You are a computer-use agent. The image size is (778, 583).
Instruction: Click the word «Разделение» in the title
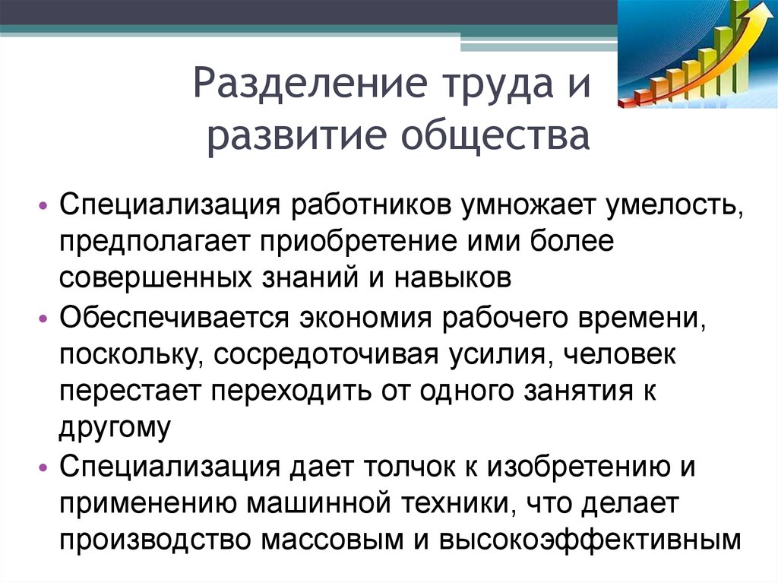[x=310, y=83]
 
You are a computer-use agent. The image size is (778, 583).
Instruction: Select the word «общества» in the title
[x=495, y=135]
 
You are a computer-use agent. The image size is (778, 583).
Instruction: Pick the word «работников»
[x=371, y=205]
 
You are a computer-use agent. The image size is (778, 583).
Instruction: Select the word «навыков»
[x=453, y=278]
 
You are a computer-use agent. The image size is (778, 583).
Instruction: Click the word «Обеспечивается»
[x=174, y=316]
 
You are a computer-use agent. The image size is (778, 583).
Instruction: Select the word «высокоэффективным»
[x=590, y=540]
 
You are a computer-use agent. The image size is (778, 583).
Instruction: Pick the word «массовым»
[x=333, y=540]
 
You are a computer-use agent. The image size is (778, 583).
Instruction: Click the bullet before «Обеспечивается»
[x=43, y=318]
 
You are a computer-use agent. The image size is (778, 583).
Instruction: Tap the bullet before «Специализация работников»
[x=43, y=205]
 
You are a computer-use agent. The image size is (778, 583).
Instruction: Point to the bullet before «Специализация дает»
[x=43, y=467]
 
